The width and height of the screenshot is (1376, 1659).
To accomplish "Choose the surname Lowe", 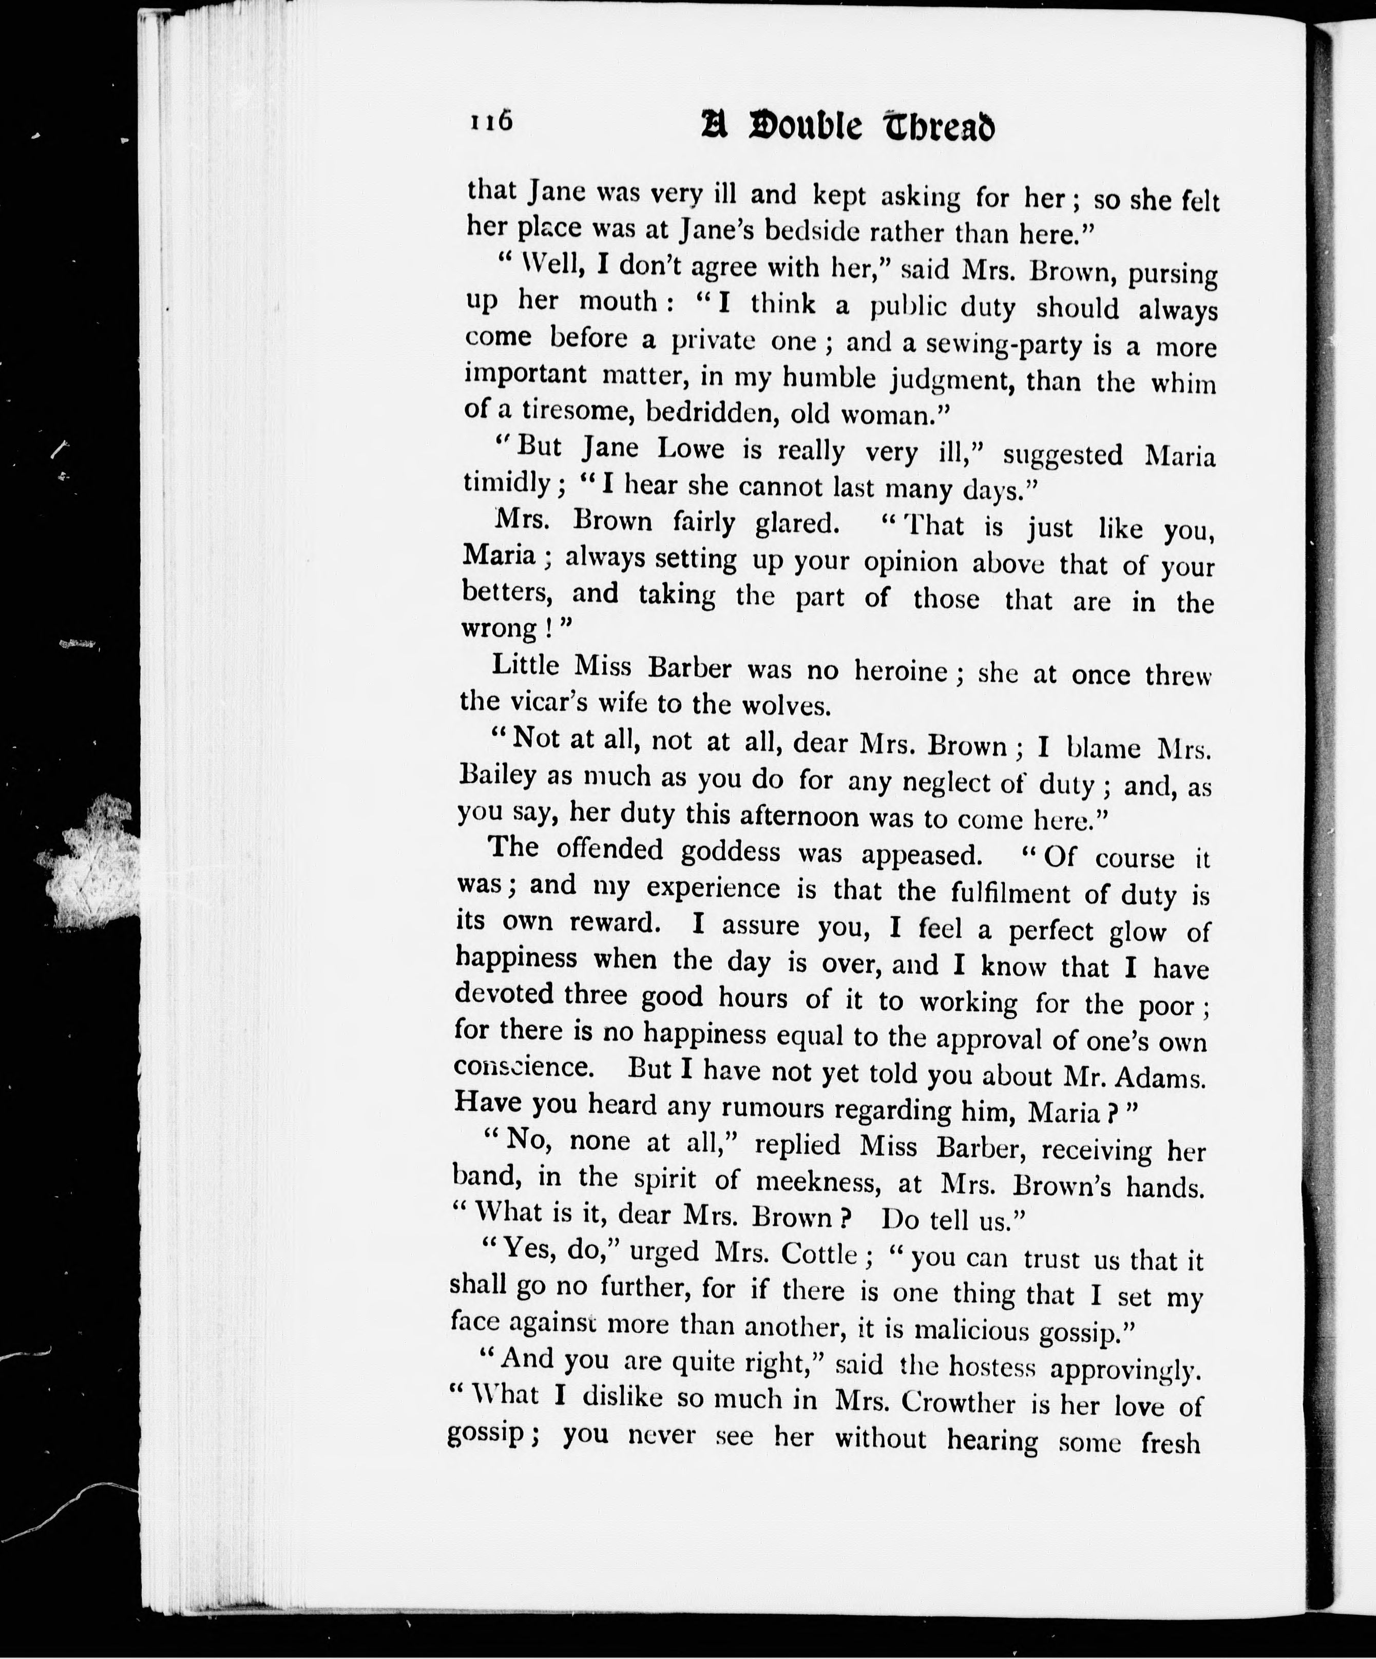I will [691, 449].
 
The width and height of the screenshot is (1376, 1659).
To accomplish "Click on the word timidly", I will [505, 482].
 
